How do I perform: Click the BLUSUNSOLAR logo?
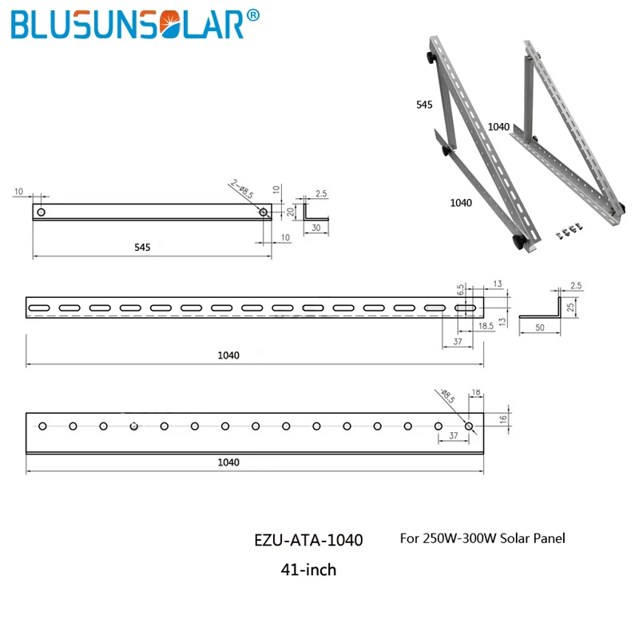tap(135, 24)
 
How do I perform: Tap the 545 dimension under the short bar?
tap(142, 248)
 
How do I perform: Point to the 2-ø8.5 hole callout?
tap(242, 189)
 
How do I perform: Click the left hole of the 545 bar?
tap(42, 212)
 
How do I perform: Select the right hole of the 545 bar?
tap(264, 212)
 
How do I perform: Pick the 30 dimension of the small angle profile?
tap(316, 228)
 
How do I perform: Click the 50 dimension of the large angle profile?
tap(540, 327)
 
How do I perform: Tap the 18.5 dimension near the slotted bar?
tap(486, 326)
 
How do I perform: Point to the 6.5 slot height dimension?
tap(461, 290)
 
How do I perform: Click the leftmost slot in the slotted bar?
tap(39, 308)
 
